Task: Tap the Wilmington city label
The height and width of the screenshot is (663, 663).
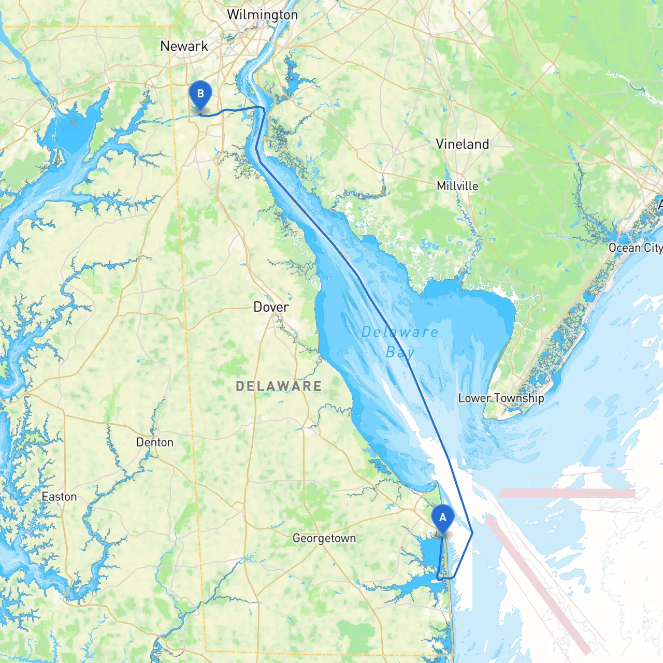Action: pyautogui.click(x=262, y=15)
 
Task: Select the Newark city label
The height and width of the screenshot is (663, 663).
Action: pyautogui.click(x=184, y=46)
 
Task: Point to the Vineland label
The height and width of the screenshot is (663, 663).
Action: pyautogui.click(x=462, y=144)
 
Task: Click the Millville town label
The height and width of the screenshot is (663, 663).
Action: pyautogui.click(x=457, y=186)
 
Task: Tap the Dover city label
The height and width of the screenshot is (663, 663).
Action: pyautogui.click(x=271, y=307)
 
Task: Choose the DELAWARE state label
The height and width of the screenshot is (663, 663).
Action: pyautogui.click(x=279, y=386)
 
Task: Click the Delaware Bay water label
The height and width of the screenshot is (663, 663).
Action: pyautogui.click(x=399, y=342)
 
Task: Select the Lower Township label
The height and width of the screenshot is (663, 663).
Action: pyautogui.click(x=501, y=398)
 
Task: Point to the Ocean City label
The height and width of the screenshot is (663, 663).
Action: pyautogui.click(x=635, y=248)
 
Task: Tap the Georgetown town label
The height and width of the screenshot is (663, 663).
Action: pyautogui.click(x=324, y=538)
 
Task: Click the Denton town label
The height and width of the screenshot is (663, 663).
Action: pyautogui.click(x=154, y=442)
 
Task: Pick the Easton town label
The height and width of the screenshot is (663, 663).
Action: pyautogui.click(x=59, y=497)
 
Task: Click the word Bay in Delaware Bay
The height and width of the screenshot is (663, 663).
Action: pyautogui.click(x=400, y=353)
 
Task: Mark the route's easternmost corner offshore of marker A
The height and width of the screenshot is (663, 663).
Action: pyautogui.click(x=472, y=532)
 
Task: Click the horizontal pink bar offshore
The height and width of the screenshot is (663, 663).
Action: pyautogui.click(x=567, y=493)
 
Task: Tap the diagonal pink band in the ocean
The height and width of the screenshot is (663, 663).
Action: pyautogui.click(x=539, y=585)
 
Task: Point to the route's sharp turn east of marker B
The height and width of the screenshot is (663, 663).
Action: pyautogui.click(x=263, y=108)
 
